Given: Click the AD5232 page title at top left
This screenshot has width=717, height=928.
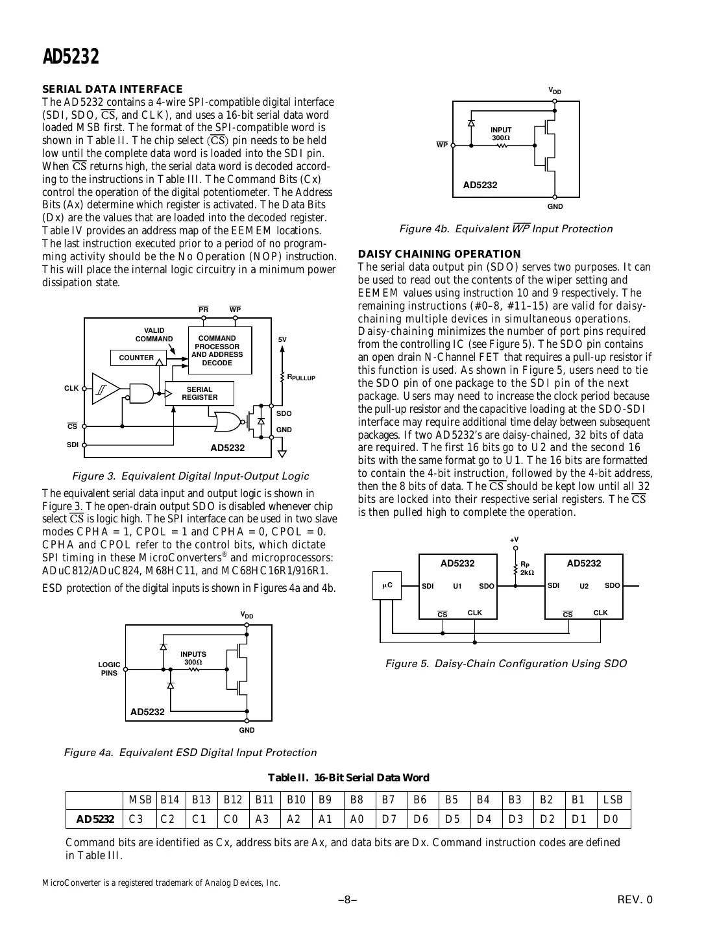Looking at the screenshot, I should pyautogui.click(x=71, y=57).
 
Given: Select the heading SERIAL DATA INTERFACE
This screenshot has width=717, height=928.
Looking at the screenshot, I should pyautogui.click(x=112, y=90).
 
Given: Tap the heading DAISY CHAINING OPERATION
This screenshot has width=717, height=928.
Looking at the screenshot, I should pyautogui.click(x=439, y=254).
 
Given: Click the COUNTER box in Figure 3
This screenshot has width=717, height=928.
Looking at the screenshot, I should pyautogui.click(x=136, y=358).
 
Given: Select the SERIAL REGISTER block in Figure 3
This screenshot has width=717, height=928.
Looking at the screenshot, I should pyautogui.click(x=199, y=393).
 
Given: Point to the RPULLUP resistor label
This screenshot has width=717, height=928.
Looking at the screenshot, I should pyautogui.click(x=302, y=377).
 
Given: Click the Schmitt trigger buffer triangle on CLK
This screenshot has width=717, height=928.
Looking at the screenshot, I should pyautogui.click(x=104, y=388).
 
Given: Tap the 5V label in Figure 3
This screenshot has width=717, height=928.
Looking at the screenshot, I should pyautogui.click(x=282, y=339).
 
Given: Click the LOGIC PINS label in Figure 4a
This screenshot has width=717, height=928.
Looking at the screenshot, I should pyautogui.click(x=109, y=669).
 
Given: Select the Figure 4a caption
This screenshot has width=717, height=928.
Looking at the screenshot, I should pyautogui.click(x=190, y=753).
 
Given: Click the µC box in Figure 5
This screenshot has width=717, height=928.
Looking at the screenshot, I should pyautogui.click(x=387, y=586).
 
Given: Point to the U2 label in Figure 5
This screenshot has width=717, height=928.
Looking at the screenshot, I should pyautogui.click(x=583, y=586).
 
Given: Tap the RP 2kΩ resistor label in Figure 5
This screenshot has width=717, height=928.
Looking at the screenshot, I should pyautogui.click(x=527, y=569).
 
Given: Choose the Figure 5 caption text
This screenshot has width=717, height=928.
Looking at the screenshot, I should pyautogui.click(x=506, y=664).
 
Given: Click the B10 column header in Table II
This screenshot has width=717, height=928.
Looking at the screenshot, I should pyautogui.click(x=296, y=800).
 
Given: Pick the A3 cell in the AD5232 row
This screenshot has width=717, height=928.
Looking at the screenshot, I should pyautogui.click(x=263, y=819).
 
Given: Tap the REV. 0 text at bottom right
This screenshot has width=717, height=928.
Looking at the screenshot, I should pyautogui.click(x=635, y=899).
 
